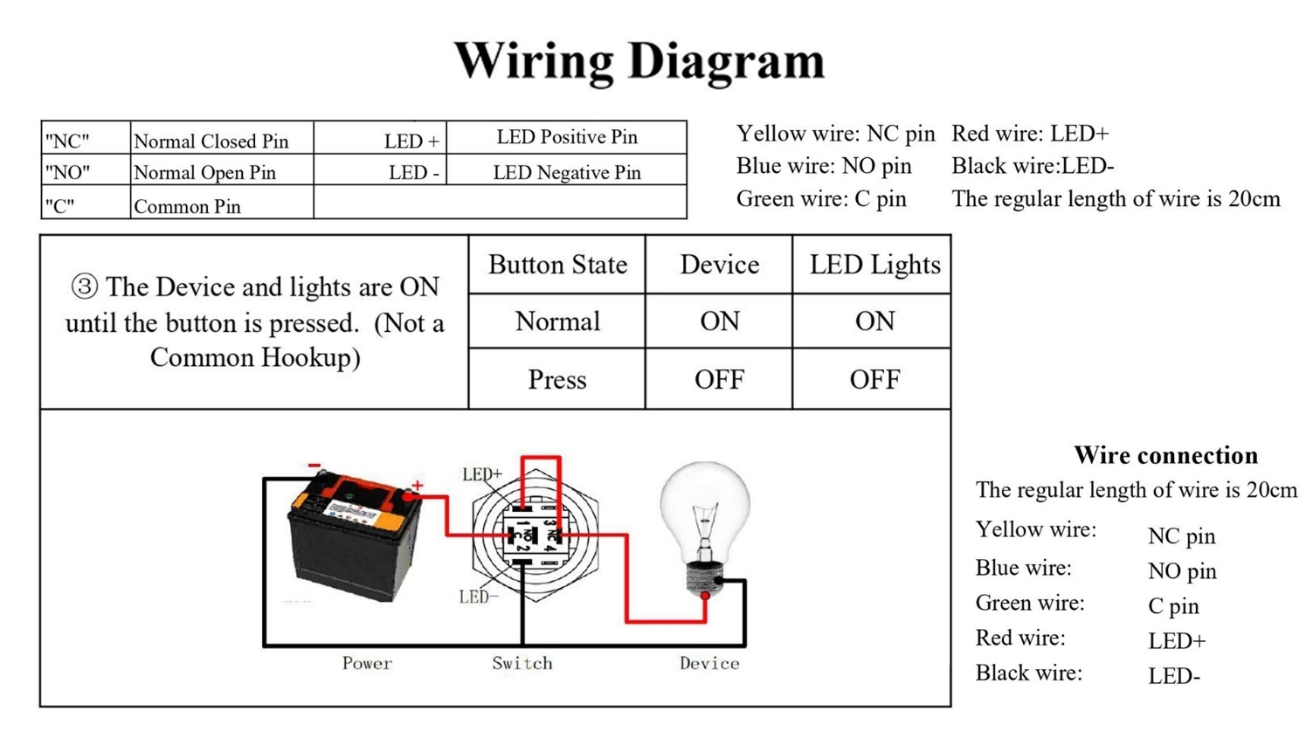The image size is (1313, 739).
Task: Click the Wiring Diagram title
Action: (639, 62)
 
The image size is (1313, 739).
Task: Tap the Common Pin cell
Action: (222, 202)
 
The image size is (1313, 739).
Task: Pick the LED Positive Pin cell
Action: (566, 138)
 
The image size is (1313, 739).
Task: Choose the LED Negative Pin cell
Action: (566, 170)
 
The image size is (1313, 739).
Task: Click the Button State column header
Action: (557, 265)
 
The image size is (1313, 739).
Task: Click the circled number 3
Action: (85, 287)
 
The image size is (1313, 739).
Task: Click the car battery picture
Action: (355, 536)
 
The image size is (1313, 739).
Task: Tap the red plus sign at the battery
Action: (418, 486)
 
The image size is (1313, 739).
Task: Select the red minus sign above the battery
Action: (314, 466)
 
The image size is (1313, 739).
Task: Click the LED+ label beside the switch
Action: (482, 474)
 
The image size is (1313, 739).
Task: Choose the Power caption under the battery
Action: (367, 663)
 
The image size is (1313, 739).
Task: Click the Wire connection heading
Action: (1166, 455)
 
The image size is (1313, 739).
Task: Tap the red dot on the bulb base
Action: (705, 596)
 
